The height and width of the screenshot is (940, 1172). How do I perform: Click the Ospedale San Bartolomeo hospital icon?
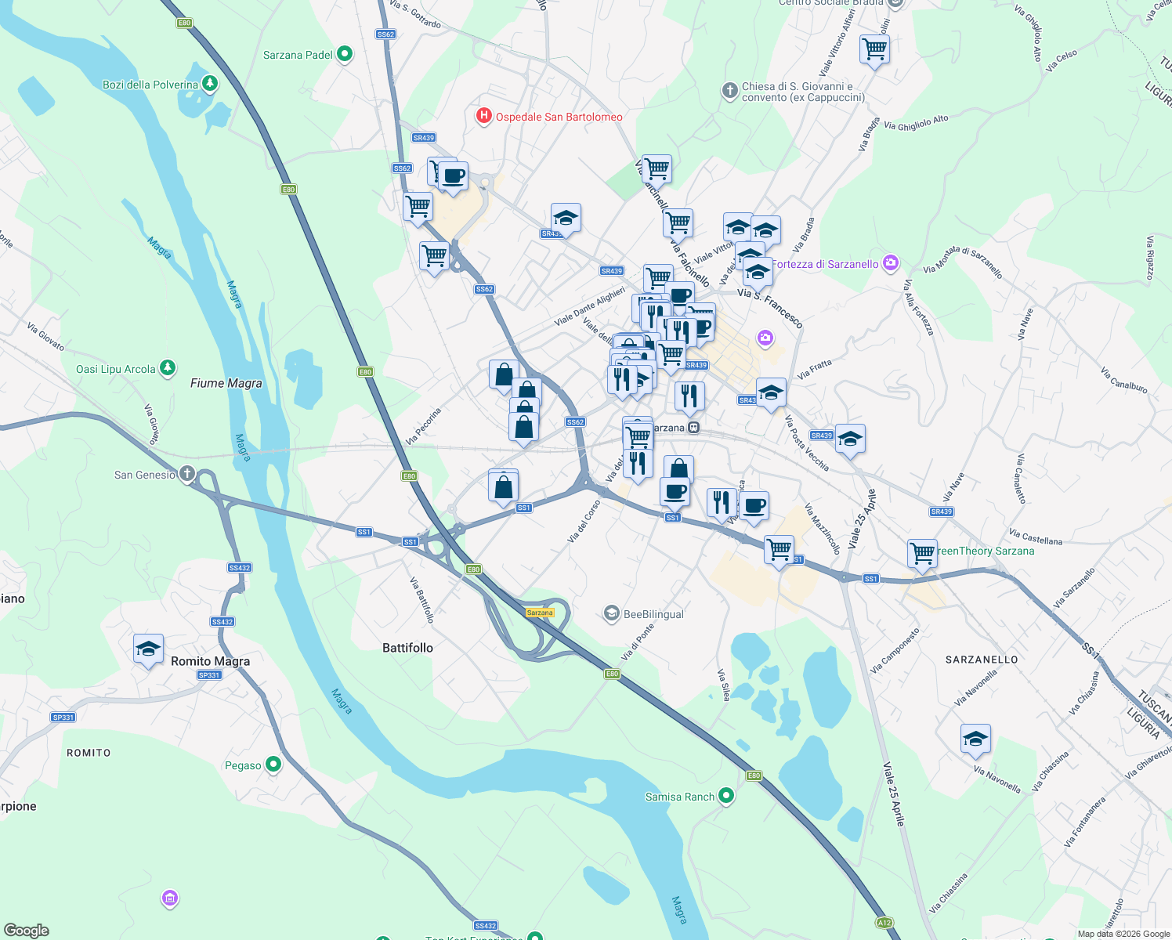484,117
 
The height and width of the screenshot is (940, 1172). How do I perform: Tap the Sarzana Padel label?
298,55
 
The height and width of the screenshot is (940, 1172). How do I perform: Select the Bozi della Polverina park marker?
209,83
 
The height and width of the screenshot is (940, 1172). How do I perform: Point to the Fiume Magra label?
226,383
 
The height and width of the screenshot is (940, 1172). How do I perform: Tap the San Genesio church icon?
186,473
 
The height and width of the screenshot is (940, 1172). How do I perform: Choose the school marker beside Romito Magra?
148,649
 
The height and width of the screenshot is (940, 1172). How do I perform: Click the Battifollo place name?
407,648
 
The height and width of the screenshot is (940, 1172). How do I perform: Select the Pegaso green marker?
273,764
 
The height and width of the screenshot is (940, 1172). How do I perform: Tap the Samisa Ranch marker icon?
726,796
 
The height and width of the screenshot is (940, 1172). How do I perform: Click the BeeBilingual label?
653,614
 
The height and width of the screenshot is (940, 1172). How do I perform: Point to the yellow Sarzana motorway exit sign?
540,613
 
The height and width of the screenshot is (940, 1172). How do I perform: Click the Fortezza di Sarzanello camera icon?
891,263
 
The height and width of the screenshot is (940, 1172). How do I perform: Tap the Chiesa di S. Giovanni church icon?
730,91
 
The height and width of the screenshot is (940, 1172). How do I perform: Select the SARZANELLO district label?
982,660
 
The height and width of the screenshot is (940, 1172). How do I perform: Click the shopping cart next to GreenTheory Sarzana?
922,552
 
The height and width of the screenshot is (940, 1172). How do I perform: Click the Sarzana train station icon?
693,428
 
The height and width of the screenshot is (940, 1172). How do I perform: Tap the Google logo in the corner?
26,931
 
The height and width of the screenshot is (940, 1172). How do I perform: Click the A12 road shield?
884,923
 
